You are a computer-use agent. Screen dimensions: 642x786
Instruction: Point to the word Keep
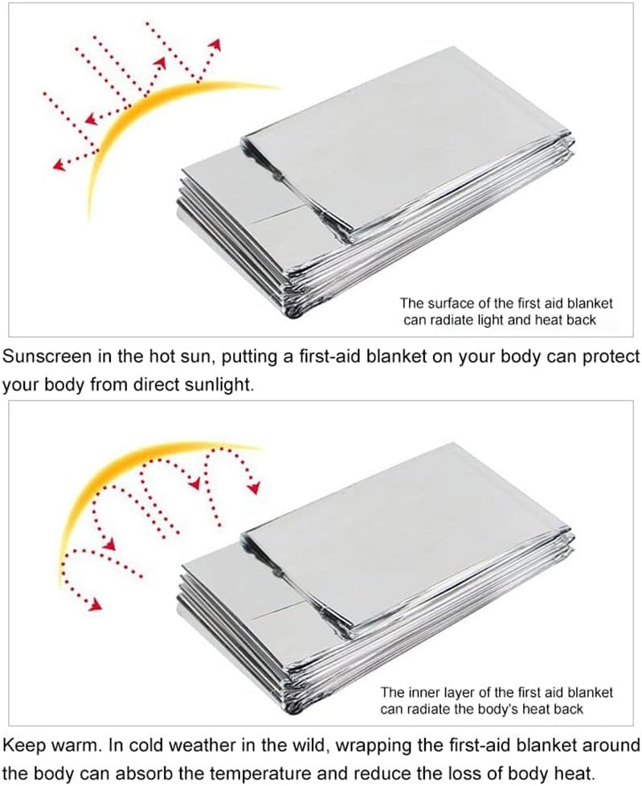[21, 746]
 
